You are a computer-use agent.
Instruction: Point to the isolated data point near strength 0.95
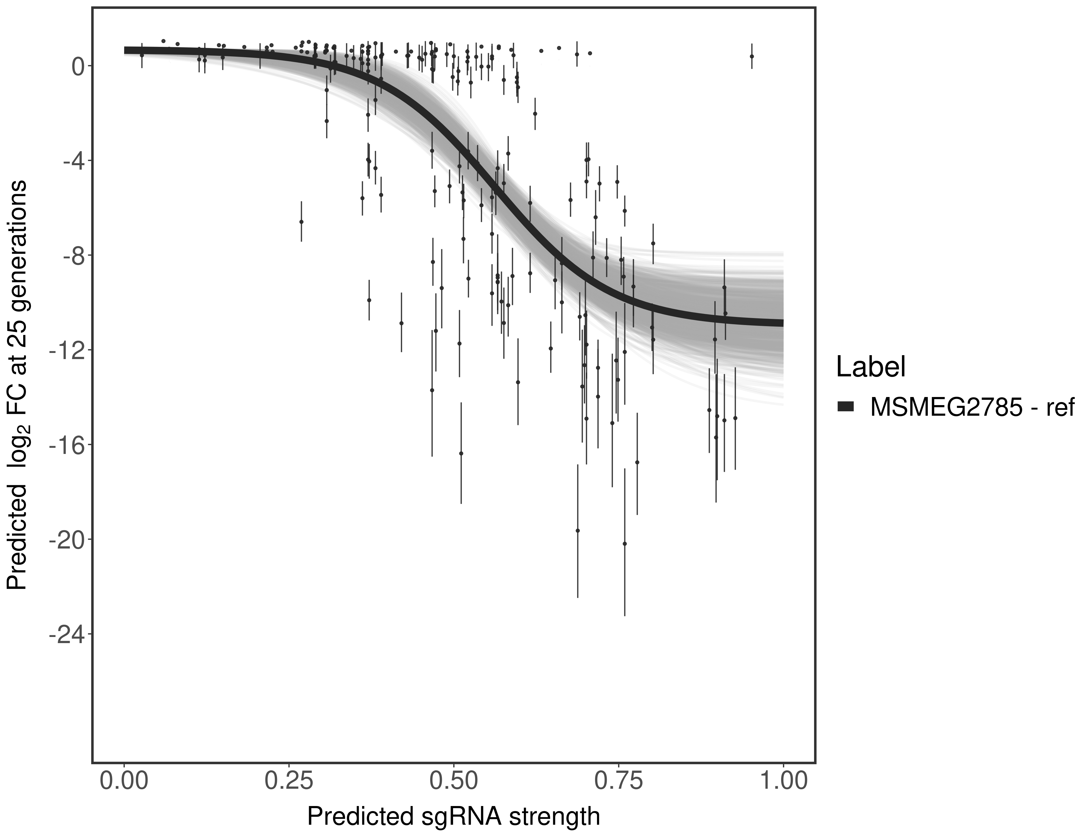(x=752, y=56)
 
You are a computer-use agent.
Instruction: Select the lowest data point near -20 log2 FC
(x=625, y=543)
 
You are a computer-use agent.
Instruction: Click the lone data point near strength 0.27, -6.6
(x=301, y=222)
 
